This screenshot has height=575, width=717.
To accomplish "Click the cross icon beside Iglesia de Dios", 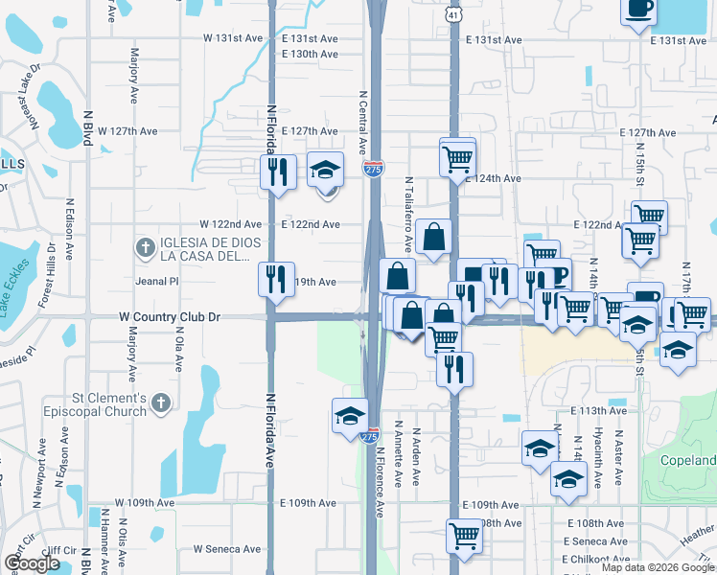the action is pos(145,248).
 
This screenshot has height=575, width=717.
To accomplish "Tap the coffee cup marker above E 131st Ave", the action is pos(638,11).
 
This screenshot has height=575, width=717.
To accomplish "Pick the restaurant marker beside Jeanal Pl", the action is pos(275,280).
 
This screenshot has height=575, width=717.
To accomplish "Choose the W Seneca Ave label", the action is pos(226,549).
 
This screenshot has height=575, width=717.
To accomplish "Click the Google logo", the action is pos(32,563).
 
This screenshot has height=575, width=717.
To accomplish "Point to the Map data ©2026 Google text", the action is pos(657,567).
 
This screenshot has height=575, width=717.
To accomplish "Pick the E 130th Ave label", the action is pos(310,54).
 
